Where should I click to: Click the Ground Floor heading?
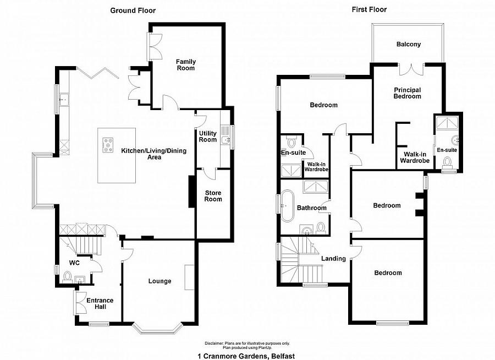pos(133,10)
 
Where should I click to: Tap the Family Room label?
pos(185,65)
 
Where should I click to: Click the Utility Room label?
pos(208,136)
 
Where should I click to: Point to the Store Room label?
pos(213,195)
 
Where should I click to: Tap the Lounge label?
pos(159,281)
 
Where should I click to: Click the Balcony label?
pos(408,45)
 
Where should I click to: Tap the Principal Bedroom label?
pos(407,93)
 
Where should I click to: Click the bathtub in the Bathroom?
pos(288,206)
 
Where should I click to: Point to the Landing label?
pos(334,259)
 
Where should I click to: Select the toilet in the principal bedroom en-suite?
pos(448,162)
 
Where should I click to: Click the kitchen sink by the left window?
pos(64,100)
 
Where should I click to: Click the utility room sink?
pos(226,140)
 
